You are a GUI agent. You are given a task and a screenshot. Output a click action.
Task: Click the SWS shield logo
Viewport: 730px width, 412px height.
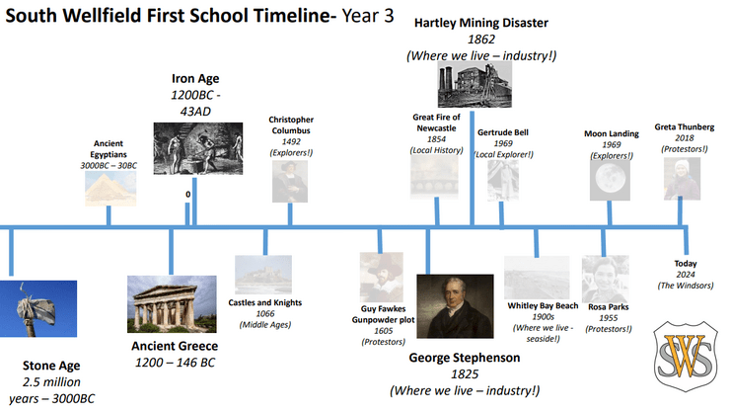coord(686,356)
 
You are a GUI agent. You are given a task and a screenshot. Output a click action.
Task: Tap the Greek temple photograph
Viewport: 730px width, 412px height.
coord(172,304)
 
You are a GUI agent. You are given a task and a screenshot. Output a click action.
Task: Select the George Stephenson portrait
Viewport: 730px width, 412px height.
coord(455,306)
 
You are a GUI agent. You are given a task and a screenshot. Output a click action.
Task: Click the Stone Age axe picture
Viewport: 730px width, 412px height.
coord(38,308)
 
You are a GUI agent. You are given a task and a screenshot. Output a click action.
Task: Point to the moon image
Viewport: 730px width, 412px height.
coord(610,180)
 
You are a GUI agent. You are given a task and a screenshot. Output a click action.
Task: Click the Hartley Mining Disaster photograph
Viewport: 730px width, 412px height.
coord(474,84)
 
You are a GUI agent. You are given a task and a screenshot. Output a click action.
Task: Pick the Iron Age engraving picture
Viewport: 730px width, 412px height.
coord(198,148)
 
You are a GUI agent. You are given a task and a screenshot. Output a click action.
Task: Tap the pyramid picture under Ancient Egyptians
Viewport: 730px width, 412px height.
coord(110,189)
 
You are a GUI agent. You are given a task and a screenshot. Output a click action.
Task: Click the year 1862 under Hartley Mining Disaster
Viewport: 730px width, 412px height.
coord(481,40)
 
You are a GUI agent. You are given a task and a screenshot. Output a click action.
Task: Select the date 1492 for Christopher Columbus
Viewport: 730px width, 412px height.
coord(291,141)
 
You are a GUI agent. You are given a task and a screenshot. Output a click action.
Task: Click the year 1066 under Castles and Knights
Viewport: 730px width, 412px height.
coord(265,313)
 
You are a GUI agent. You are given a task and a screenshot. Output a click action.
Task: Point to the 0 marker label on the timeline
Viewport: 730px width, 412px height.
coord(188,195)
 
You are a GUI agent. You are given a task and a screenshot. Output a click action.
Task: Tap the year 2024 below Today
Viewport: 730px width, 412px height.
coord(686,275)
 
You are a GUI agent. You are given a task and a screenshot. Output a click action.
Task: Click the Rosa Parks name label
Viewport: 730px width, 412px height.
coord(608,307)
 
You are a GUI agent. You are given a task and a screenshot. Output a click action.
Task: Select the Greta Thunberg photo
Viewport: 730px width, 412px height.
coord(682,179)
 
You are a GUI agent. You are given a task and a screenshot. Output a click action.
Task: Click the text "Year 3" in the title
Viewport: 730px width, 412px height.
coord(368,16)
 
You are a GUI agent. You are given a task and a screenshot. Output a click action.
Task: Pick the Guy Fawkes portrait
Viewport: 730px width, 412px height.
coord(382,277)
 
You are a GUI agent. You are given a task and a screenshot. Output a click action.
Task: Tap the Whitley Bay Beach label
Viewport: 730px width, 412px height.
coord(543,305)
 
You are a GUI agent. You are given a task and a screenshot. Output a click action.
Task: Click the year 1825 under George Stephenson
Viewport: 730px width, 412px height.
coord(465,374)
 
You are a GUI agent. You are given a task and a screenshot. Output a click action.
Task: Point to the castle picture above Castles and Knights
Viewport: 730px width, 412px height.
coord(263,275)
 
